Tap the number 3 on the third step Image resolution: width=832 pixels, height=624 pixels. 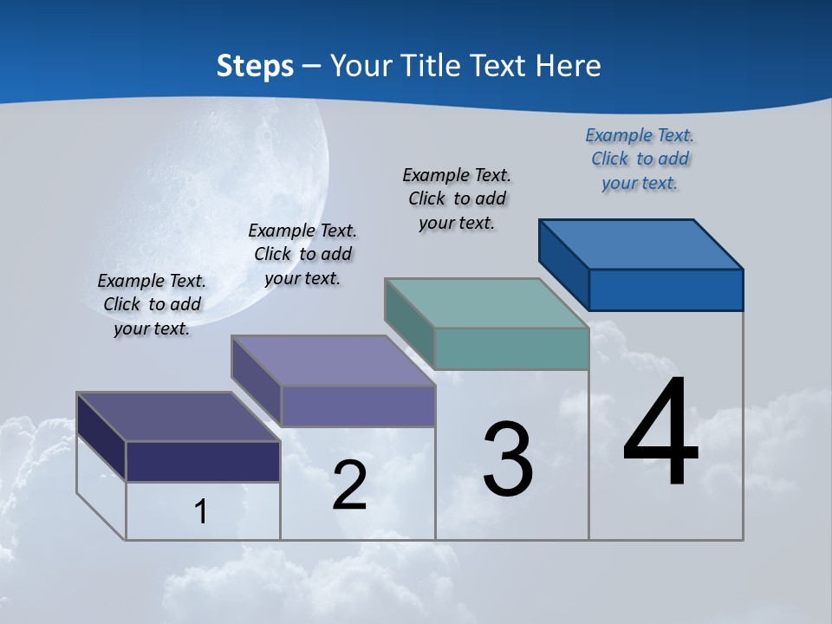pyautogui.click(x=508, y=459)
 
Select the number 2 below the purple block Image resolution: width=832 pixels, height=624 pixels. pyautogui.click(x=350, y=485)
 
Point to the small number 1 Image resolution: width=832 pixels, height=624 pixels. pyautogui.click(x=200, y=512)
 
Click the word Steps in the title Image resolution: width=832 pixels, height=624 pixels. pyautogui.click(x=255, y=66)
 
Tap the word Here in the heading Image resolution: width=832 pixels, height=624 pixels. pyautogui.click(x=567, y=66)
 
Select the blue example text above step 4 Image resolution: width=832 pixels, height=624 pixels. pyautogui.click(x=640, y=159)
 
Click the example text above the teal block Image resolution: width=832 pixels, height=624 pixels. pyautogui.click(x=457, y=198)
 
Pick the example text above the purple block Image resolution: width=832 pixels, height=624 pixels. pyautogui.click(x=302, y=254)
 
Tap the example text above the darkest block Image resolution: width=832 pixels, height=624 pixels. pyautogui.click(x=152, y=304)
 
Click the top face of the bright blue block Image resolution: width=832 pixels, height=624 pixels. pyautogui.click(x=641, y=244)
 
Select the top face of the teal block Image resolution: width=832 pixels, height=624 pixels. pyautogui.click(x=487, y=303)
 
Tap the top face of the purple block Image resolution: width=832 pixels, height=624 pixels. pyautogui.click(x=333, y=361)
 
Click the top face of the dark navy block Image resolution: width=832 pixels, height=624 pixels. pyautogui.click(x=179, y=417)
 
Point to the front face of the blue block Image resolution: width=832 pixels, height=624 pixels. pyautogui.click(x=666, y=289)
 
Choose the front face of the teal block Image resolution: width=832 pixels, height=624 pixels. pyautogui.click(x=511, y=349)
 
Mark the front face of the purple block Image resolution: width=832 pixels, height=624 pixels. pyautogui.click(x=357, y=406)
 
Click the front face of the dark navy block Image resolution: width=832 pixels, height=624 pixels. pyautogui.click(x=203, y=461)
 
